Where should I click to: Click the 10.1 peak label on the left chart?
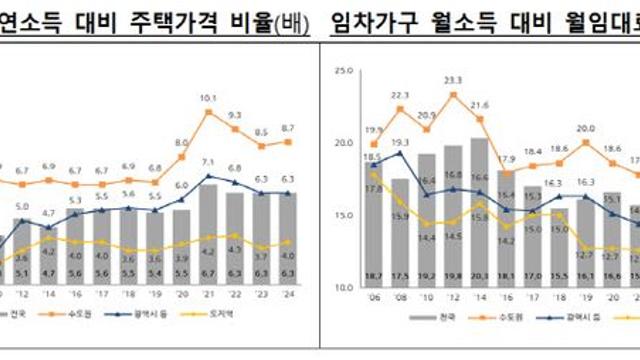[x=208, y=98]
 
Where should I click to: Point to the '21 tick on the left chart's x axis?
[x=208, y=296]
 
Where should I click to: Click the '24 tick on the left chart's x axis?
[x=287, y=296]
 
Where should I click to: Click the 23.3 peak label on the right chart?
[x=453, y=80]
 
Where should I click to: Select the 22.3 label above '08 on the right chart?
[x=400, y=93]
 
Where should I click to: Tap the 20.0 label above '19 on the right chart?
[x=586, y=129]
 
